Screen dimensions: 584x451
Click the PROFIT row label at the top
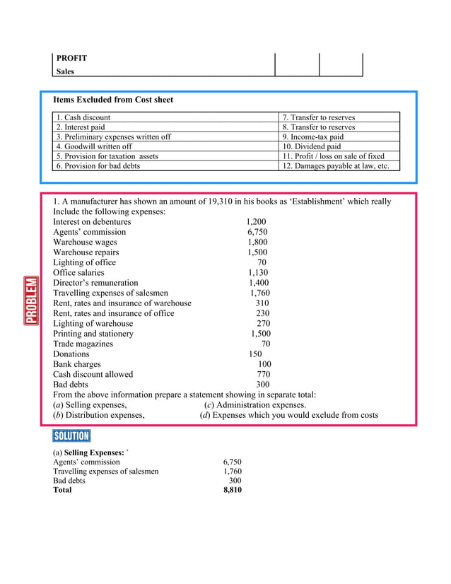71,58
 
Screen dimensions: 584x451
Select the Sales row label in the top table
65,71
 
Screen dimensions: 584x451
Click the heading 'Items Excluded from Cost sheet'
113,100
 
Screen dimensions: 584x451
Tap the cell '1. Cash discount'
83,117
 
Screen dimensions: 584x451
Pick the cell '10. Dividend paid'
311,146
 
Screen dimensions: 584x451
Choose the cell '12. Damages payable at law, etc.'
336,165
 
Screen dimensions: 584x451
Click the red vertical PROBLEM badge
31,300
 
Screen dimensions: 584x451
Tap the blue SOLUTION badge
71,436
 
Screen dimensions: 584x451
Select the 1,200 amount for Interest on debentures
256,221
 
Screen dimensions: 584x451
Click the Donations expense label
71,354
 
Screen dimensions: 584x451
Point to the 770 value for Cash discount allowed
263,374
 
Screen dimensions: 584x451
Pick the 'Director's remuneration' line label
95,282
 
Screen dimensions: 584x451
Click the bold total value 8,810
232,489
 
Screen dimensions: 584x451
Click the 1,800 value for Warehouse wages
257,242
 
